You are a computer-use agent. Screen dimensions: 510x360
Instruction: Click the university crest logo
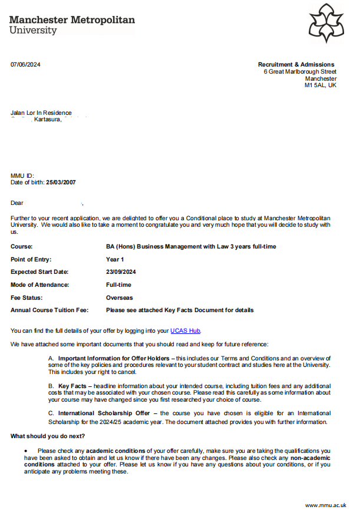[x=326, y=23]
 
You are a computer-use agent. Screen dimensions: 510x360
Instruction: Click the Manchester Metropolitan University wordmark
[x=72, y=24]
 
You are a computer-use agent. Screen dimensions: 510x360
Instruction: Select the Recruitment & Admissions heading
[x=296, y=65]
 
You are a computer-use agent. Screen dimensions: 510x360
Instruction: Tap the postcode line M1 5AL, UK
[x=320, y=85]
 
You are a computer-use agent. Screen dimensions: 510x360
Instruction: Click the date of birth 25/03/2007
[x=61, y=183]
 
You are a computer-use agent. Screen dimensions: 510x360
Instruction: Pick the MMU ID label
[x=22, y=175]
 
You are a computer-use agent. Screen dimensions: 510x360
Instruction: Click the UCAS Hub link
[x=189, y=331]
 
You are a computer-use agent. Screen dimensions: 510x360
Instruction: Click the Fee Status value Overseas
[x=120, y=297]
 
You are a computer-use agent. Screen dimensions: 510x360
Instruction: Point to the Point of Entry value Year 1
[x=115, y=260]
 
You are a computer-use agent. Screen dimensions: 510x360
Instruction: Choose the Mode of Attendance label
[x=39, y=285]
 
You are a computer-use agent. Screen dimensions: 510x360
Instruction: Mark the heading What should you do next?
[x=48, y=436]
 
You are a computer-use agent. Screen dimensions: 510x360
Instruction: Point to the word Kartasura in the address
[x=48, y=120]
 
